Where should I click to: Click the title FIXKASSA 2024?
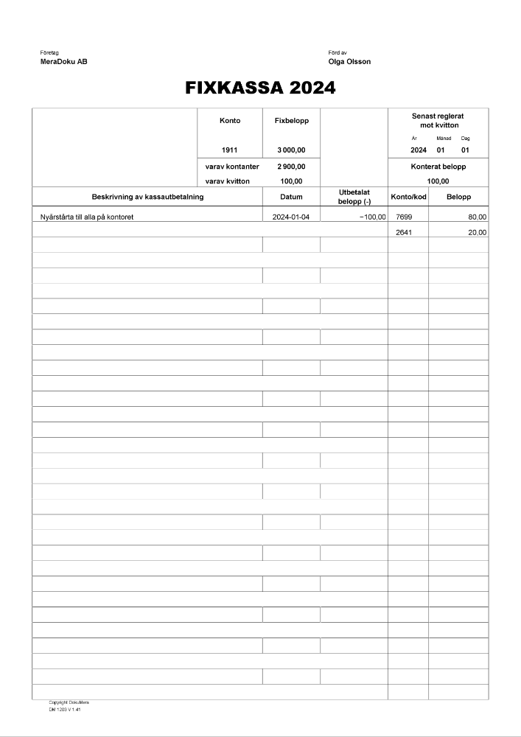pyautogui.click(x=260, y=88)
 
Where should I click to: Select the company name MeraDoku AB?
pyautogui.click(x=64, y=62)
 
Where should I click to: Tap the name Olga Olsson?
pyautogui.click(x=349, y=62)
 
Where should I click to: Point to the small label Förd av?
pyautogui.click(x=338, y=53)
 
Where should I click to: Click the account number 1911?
pyautogui.click(x=229, y=150)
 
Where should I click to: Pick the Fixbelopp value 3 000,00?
pyautogui.click(x=291, y=150)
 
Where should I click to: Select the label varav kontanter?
pyautogui.click(x=232, y=167)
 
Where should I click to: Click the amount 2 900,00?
pyautogui.click(x=291, y=167)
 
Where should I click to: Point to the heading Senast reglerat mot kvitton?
pyautogui.click(x=438, y=121)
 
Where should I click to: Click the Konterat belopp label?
pyautogui.click(x=438, y=167)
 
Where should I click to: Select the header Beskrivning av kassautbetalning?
pyautogui.click(x=147, y=197)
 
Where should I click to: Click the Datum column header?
pyautogui.click(x=291, y=197)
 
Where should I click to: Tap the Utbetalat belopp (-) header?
pyautogui.click(x=354, y=197)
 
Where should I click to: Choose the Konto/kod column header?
pyautogui.click(x=408, y=197)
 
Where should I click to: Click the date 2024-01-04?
pyautogui.click(x=291, y=217)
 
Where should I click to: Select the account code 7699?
pyautogui.click(x=404, y=217)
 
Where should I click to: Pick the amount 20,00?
pyautogui.click(x=477, y=233)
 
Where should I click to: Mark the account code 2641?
pyautogui.click(x=404, y=233)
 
